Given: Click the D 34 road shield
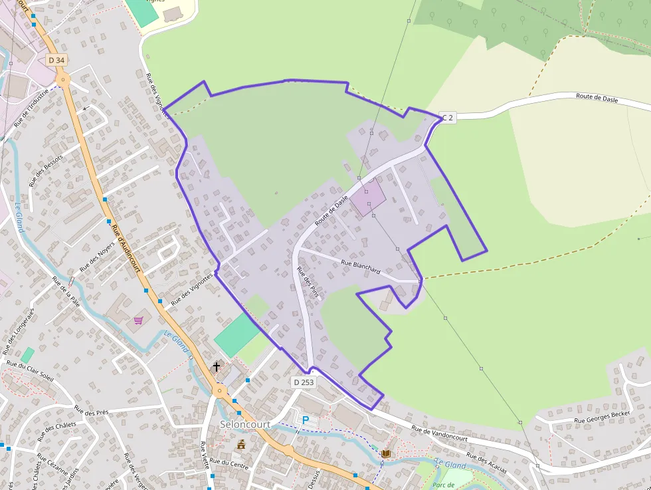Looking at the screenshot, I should [x=57, y=60].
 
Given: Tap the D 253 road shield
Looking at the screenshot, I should [x=303, y=382].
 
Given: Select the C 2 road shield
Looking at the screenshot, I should [x=448, y=118].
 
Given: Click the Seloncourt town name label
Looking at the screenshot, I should [x=244, y=424].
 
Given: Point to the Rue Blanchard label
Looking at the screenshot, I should [x=360, y=266].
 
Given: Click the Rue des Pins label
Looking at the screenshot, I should [x=308, y=284].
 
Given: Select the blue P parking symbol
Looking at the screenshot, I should [x=306, y=420].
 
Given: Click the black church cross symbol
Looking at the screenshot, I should [x=216, y=366].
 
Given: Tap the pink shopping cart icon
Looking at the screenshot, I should [x=138, y=320].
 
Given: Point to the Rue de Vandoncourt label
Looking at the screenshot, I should [x=439, y=434].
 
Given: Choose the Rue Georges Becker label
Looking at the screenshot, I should [x=602, y=416].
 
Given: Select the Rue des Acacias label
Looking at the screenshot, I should [x=486, y=463].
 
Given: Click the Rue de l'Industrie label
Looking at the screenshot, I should [x=32, y=109].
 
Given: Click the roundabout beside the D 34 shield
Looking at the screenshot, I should [x=63, y=80].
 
